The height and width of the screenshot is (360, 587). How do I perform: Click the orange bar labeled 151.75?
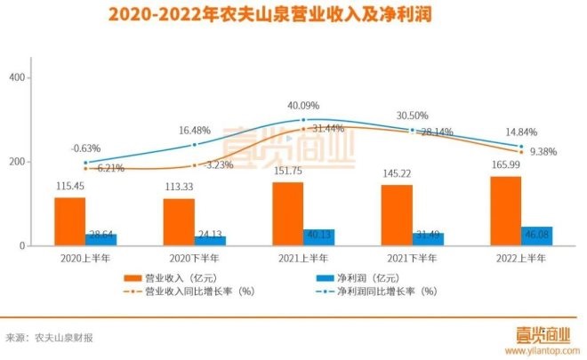pos(287,213)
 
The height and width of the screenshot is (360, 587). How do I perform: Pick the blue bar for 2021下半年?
pos(427,238)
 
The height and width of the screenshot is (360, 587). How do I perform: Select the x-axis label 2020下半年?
pos(194,258)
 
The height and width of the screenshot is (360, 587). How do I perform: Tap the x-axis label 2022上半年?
pos(520,258)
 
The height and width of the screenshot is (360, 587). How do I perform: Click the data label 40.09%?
pos(302,107)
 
